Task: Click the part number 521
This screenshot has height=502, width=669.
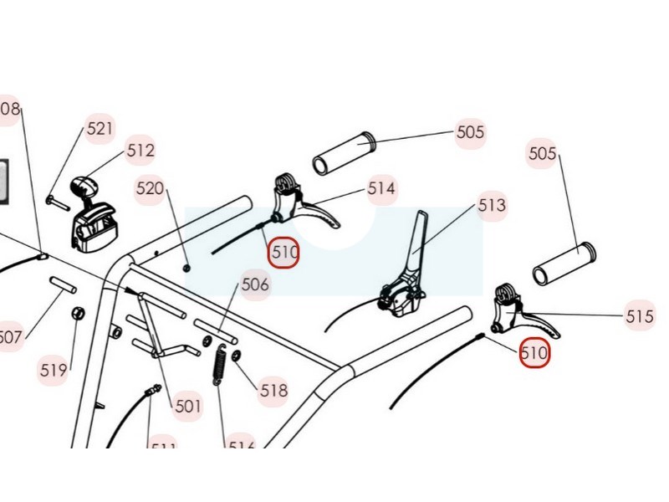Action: point(100,129)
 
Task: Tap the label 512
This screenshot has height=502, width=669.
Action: point(140,151)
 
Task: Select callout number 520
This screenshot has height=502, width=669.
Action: point(151,188)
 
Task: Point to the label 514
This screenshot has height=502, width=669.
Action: point(381,188)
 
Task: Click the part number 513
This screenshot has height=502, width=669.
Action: point(492,204)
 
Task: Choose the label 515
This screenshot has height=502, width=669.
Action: point(640,316)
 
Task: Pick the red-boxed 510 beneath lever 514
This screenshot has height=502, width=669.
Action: point(284,250)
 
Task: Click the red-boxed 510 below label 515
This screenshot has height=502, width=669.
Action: point(534,353)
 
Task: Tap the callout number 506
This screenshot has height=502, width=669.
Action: point(255,284)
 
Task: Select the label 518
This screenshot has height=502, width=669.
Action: point(273,390)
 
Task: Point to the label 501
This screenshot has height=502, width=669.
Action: point(188,407)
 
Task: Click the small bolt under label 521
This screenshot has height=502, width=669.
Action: point(57,200)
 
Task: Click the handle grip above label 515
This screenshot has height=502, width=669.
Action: point(564,264)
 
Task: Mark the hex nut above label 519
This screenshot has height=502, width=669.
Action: point(75,314)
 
